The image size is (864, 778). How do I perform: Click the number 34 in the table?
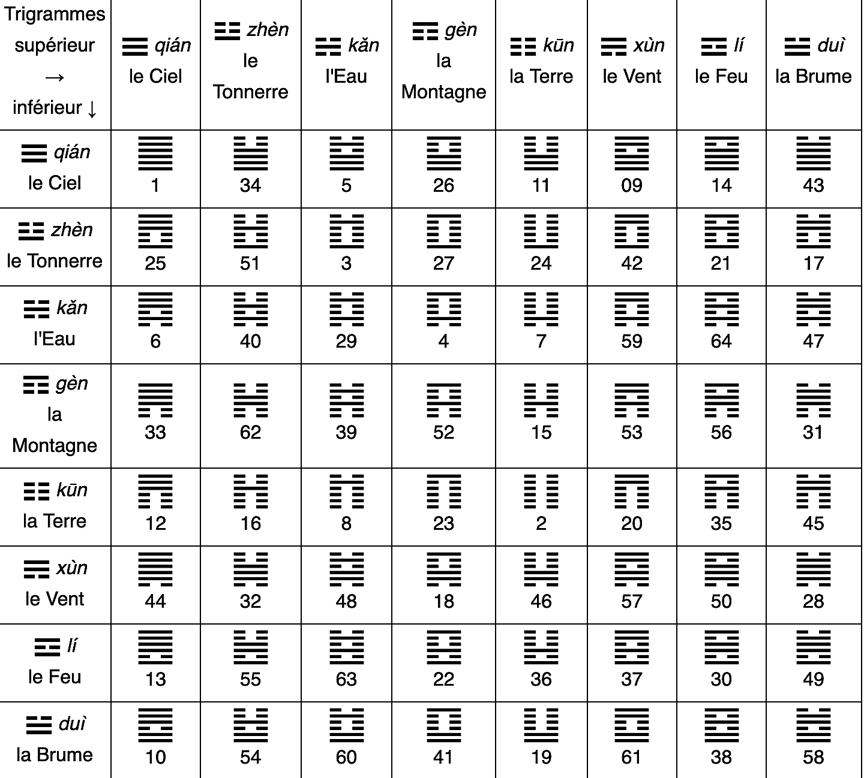pyautogui.click(x=250, y=185)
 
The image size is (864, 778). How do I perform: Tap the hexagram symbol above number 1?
pyautogui.click(x=155, y=153)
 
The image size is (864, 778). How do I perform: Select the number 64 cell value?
pyautogui.click(x=721, y=341)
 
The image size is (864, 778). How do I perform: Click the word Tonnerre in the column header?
pyautogui.click(x=250, y=92)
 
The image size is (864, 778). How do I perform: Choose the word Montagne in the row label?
pyautogui.click(x=55, y=445)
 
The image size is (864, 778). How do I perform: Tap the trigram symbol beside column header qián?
pyautogui.click(x=135, y=46)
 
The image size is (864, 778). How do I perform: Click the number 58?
pyautogui.click(x=813, y=757)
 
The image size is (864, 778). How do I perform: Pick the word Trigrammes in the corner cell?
pyautogui.click(x=55, y=14)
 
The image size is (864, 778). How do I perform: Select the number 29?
pyautogui.click(x=346, y=341)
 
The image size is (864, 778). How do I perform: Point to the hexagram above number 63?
pyautogui.click(x=346, y=647)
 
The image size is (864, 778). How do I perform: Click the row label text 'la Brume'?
pyautogui.click(x=55, y=755)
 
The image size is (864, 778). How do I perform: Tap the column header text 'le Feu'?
pyautogui.click(x=721, y=76)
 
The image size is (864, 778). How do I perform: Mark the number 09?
pyautogui.click(x=632, y=185)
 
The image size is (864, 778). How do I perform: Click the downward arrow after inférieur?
pyautogui.click(x=92, y=108)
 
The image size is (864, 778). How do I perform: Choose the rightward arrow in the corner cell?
pyautogui.click(x=55, y=77)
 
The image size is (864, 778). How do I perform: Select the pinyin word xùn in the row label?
pyautogui.click(x=72, y=568)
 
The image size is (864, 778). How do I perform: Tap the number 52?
pyautogui.click(x=443, y=432)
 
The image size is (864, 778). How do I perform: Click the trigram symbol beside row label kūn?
pyautogui.click(x=36, y=491)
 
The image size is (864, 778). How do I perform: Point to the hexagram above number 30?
pyautogui.click(x=721, y=647)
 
